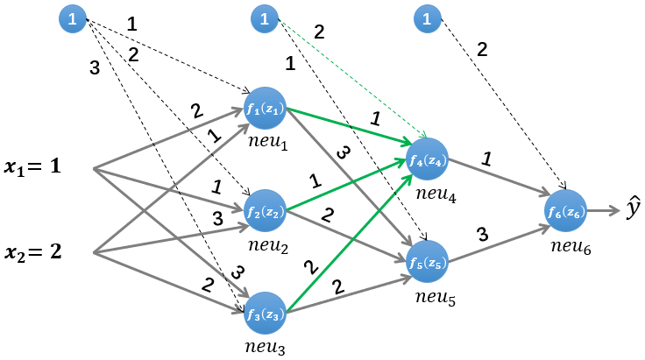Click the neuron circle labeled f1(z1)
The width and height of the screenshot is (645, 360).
pyautogui.click(x=266, y=109)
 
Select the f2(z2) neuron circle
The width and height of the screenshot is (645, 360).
pyautogui.click(x=266, y=211)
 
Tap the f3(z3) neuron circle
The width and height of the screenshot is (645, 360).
pyautogui.click(x=266, y=314)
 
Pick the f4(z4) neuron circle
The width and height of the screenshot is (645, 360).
pyautogui.click(x=428, y=159)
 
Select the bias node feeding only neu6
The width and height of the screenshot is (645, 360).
pyautogui.click(x=427, y=18)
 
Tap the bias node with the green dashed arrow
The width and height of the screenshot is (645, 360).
pyautogui.click(x=263, y=18)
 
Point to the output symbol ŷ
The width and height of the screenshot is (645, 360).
pyautogui.click(x=632, y=209)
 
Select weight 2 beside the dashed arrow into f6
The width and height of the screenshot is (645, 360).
pyautogui.click(x=481, y=50)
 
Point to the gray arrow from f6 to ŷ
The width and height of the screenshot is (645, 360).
pyautogui.click(x=606, y=210)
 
